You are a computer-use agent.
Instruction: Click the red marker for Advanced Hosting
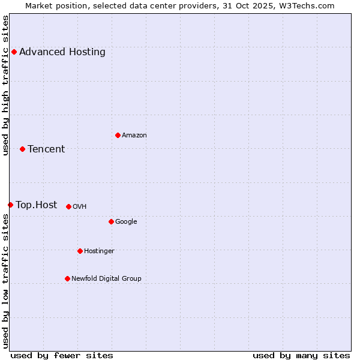point(14,52)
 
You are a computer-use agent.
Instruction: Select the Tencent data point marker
point(22,149)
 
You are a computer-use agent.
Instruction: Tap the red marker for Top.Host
point(10,205)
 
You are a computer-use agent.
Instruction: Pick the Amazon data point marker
point(118,135)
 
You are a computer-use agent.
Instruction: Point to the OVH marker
point(68,206)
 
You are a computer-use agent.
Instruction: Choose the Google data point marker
point(111,221)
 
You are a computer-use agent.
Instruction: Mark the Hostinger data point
point(80,251)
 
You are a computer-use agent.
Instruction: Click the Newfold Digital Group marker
point(67,278)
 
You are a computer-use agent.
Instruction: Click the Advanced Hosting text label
point(62,52)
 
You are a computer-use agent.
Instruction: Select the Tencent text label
point(46,149)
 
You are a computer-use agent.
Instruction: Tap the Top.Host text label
point(37,205)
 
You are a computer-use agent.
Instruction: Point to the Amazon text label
point(134,135)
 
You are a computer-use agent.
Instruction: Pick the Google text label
point(126,221)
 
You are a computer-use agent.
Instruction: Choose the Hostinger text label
point(99,251)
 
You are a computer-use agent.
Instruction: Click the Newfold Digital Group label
point(106,278)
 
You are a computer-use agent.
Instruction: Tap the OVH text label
point(80,206)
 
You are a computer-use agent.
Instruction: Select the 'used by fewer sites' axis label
point(62,355)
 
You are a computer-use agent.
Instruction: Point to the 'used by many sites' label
point(301,355)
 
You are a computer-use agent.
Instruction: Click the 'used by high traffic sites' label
point(5,85)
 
